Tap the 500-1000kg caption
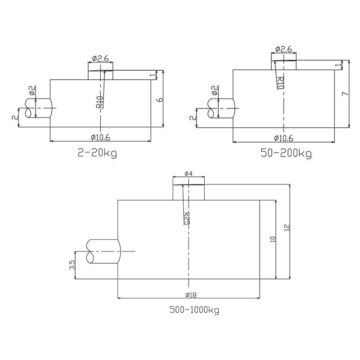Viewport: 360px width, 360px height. (x=194, y=310)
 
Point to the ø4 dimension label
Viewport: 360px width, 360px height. (x=189, y=173)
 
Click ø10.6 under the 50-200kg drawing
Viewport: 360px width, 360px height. (x=283, y=138)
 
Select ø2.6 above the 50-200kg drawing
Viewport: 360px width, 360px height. (x=283, y=49)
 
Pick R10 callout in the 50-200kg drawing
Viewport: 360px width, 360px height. (x=280, y=83)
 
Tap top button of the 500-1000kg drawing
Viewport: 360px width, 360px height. (x=189, y=192)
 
